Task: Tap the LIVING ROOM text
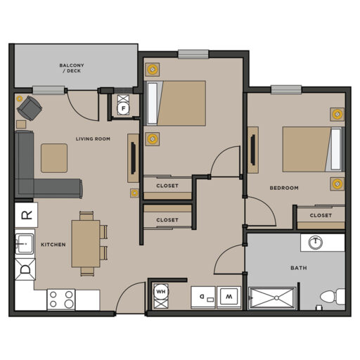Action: pos(93,139)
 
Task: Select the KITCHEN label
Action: pos(53,245)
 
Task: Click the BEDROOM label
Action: pos(284,188)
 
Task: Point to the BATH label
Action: pos(298,268)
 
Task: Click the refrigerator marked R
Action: pos(27,214)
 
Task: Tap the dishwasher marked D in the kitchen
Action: pos(26,268)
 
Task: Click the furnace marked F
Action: pos(123,108)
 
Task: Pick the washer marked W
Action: pos(229,297)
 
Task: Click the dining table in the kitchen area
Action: pos(86,243)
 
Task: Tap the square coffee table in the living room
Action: pos(53,157)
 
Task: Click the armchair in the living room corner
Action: pos(30,108)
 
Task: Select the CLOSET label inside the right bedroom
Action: pos(320,216)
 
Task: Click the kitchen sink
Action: pos(26,244)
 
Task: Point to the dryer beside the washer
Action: pos(203,297)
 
